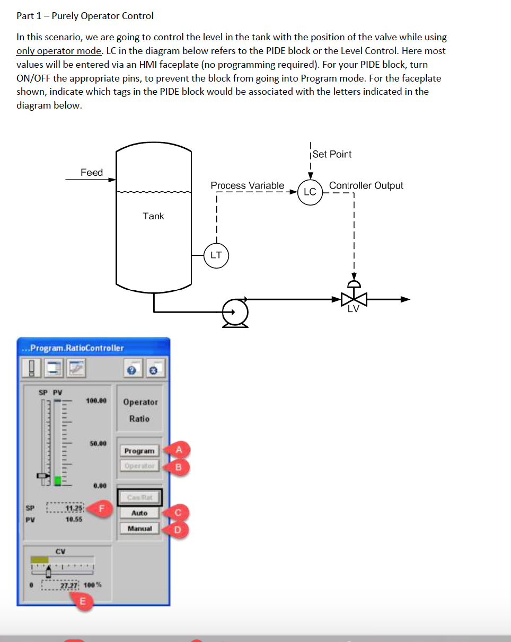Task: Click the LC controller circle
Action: click(x=310, y=192)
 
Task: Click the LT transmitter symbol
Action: click(x=216, y=255)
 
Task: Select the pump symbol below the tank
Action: click(x=235, y=312)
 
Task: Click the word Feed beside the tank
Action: click(x=92, y=173)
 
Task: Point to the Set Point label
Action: click(x=332, y=154)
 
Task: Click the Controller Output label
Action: click(x=366, y=185)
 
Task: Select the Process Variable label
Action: click(x=247, y=185)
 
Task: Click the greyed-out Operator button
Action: click(x=139, y=466)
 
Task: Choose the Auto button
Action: click(x=139, y=513)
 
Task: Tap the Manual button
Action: click(x=139, y=529)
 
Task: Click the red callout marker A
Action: click(x=179, y=450)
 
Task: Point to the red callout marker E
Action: click(x=82, y=602)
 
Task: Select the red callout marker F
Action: click(x=103, y=507)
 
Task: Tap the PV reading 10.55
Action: click(x=74, y=520)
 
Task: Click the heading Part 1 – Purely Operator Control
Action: click(x=85, y=16)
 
